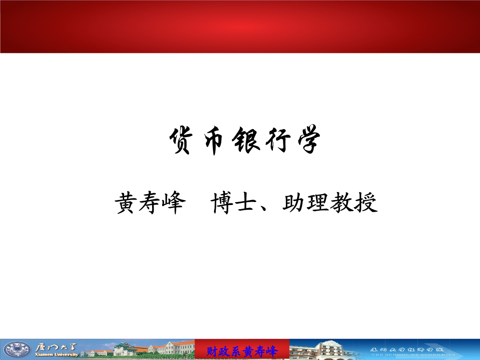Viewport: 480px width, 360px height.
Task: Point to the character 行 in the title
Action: pos(276,141)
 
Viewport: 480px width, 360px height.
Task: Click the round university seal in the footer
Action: pos(17,350)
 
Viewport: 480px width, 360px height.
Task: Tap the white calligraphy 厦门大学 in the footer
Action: pos(56,347)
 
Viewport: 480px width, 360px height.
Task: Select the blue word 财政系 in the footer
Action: pos(225,351)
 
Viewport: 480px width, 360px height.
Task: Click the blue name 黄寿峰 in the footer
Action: pos(261,351)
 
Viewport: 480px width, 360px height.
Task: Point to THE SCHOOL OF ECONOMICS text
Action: pos(412,355)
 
